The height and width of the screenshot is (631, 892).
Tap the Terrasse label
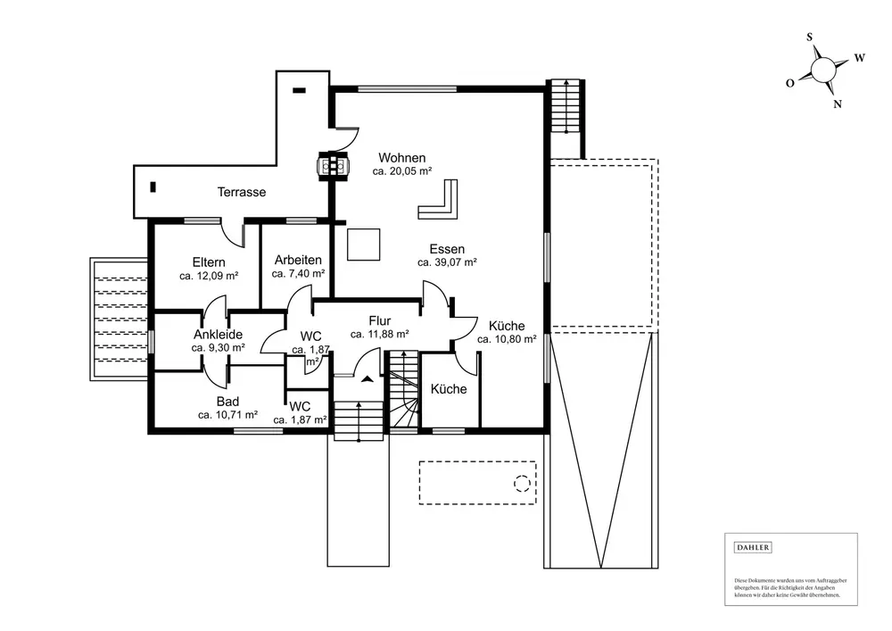pyautogui.click(x=242, y=192)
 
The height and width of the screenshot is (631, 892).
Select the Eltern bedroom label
pyautogui.click(x=209, y=262)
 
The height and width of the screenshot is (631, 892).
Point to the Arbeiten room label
pyautogui.click(x=298, y=260)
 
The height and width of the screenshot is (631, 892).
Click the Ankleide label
pyautogui.click(x=218, y=335)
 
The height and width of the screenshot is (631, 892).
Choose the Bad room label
pyautogui.click(x=227, y=402)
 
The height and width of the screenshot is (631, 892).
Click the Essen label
pyautogui.click(x=446, y=250)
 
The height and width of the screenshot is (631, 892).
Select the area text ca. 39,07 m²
pyautogui.click(x=447, y=263)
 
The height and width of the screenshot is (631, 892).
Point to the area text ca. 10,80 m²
pyautogui.click(x=507, y=339)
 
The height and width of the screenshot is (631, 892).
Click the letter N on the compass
pyautogui.click(x=838, y=104)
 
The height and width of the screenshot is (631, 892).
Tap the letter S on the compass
pyautogui.click(x=809, y=37)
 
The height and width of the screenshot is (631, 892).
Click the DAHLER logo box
pyautogui.click(x=751, y=547)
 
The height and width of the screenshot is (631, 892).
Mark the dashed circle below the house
pyautogui.click(x=521, y=484)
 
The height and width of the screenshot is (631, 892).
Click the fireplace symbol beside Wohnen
pyautogui.click(x=335, y=165)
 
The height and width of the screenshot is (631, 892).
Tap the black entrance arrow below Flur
pyautogui.click(x=366, y=378)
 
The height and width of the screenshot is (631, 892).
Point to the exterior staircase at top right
pyautogui.click(x=563, y=105)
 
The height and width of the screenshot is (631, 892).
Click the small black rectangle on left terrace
pyautogui.click(x=153, y=187)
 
